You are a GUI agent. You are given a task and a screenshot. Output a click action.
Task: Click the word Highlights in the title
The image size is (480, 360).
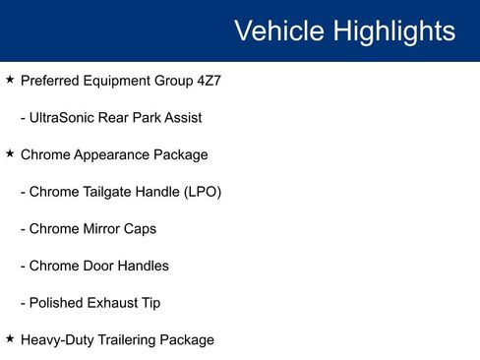[x=394, y=31]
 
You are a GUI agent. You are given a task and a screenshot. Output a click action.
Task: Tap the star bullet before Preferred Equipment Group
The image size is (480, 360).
[x=10, y=80]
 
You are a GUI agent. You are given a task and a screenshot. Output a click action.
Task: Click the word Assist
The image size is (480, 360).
[x=181, y=118]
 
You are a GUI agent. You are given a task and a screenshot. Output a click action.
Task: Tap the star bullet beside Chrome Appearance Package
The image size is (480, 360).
[x=10, y=153]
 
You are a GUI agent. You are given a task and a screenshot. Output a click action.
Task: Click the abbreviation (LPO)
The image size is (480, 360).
[x=203, y=192]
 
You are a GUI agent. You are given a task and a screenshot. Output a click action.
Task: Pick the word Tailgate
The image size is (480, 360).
[x=108, y=192]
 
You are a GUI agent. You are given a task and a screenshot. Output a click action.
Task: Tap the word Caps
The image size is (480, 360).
[x=141, y=229]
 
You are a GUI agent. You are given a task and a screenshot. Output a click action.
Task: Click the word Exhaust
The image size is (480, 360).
[x=113, y=303]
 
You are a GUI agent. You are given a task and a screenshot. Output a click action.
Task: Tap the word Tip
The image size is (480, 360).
[x=150, y=303]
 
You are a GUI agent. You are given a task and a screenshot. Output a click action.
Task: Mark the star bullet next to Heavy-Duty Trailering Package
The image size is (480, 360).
[x=10, y=338]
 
